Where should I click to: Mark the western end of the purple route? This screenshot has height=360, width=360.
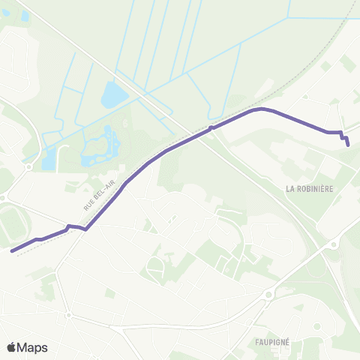tap(13, 251)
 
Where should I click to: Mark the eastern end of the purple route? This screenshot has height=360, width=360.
tap(349, 145)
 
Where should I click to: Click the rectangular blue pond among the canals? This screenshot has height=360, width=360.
tap(113, 95)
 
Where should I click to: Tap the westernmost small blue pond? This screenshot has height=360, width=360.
tap(49, 158)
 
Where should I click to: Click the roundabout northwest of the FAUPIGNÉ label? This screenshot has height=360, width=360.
tap(268, 295)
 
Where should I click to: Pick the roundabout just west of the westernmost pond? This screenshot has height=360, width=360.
tap(28, 166)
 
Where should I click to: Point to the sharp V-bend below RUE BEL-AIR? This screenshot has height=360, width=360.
tap(86, 229)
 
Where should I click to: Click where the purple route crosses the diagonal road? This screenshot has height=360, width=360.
tap(212, 128)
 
